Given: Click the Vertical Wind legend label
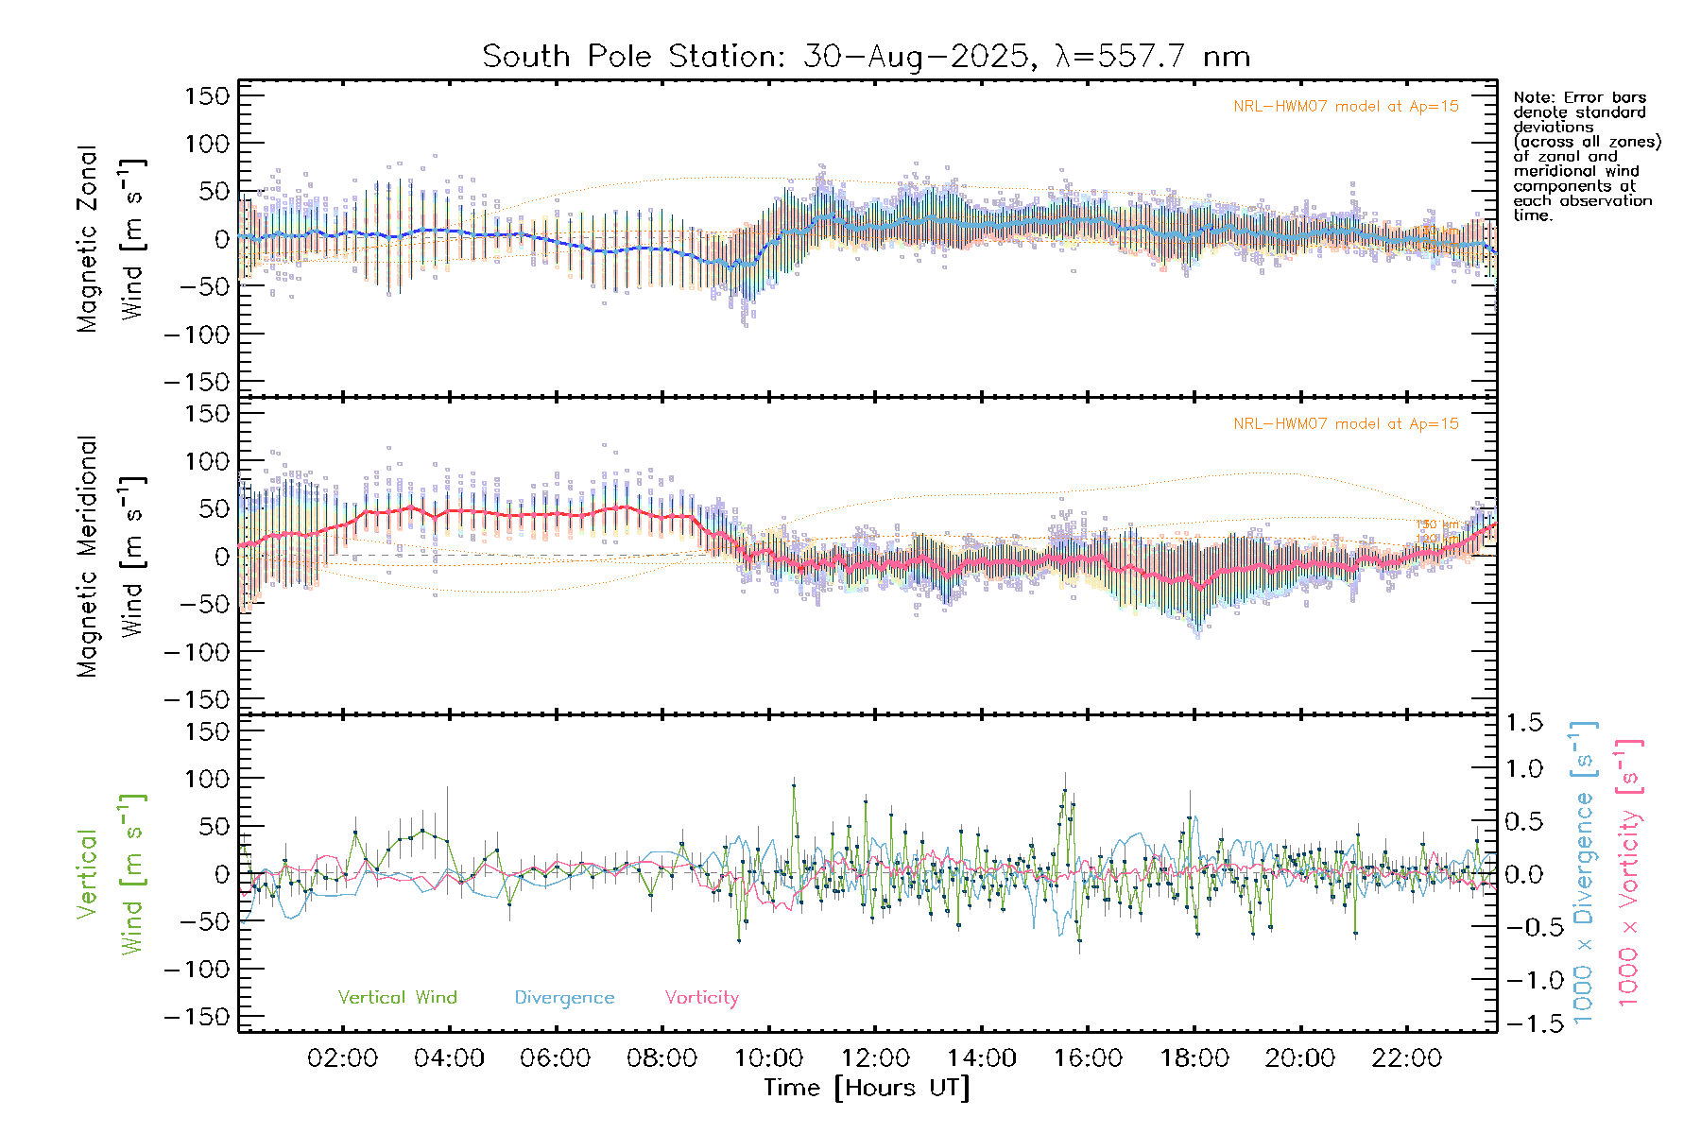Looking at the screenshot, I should [397, 997].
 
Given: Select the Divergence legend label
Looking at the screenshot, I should [564, 998].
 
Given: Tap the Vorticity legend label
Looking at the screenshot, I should [701, 997].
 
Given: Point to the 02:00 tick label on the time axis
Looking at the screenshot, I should [342, 1058].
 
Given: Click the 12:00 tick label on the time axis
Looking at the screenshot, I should [875, 1058].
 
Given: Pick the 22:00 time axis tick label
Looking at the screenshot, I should [1406, 1058].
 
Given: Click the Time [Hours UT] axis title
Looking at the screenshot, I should [867, 1088].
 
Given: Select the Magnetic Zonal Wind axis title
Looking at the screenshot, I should [110, 239].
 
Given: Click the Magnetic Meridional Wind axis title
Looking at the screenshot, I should [110, 557].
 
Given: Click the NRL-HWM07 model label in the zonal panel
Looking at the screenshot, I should [1346, 107].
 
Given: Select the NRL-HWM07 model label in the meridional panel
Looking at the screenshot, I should [1346, 424].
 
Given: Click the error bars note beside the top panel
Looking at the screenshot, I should [1586, 156].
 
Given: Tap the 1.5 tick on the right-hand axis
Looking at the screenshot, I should [1523, 723].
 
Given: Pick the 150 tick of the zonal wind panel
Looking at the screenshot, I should [208, 95].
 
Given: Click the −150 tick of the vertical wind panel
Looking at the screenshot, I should [197, 1017].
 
